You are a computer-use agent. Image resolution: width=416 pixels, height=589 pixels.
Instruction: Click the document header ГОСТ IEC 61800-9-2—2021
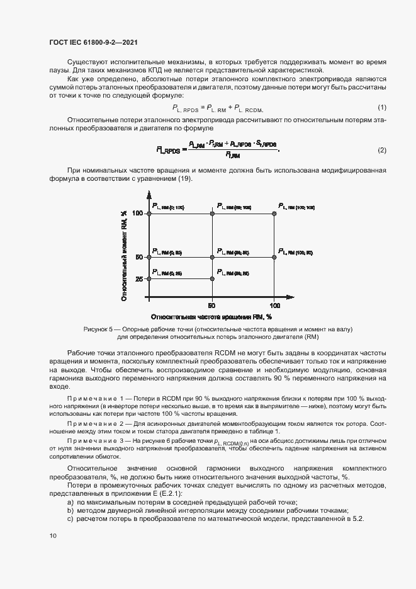point(93,42)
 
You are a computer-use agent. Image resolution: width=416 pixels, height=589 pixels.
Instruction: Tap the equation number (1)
point(381,108)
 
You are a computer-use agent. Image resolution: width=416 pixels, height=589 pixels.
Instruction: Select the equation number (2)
point(381,150)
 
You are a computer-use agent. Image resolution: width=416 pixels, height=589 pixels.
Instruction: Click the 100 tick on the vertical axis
point(138,214)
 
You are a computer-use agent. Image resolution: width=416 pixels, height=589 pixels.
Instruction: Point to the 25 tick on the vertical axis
point(140,278)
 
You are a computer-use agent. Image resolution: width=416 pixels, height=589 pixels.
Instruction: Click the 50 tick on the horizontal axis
point(212,305)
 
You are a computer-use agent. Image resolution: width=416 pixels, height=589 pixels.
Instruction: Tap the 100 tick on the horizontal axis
point(274,305)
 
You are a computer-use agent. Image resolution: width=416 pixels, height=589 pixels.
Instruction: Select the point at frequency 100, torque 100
point(275,214)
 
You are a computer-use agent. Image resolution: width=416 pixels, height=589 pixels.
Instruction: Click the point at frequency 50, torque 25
point(213,278)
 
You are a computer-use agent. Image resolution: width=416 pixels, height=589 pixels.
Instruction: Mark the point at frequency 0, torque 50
point(150,257)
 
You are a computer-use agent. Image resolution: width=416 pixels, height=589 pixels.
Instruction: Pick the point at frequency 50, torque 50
point(213,257)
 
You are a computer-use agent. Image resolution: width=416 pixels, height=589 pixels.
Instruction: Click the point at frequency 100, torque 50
point(275,257)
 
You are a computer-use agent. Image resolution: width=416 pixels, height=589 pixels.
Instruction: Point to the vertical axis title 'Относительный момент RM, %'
point(125,255)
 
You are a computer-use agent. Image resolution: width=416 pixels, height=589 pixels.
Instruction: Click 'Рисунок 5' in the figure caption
point(98,329)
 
